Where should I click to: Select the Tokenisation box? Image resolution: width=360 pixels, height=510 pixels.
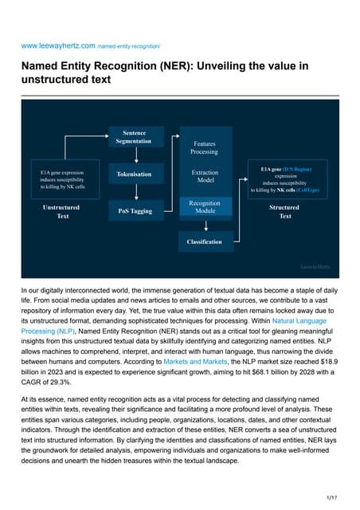pos(134,173)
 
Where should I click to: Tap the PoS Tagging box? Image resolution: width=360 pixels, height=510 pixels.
pos(134,210)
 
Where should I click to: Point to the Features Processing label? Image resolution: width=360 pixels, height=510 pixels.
pos(205,147)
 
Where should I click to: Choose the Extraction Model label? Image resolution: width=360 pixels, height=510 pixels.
pos(205,176)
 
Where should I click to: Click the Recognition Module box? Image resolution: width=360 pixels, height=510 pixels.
pos(205,208)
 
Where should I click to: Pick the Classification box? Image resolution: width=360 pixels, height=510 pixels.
pos(205,241)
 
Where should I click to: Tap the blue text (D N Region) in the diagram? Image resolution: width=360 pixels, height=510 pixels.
pos(297,170)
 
